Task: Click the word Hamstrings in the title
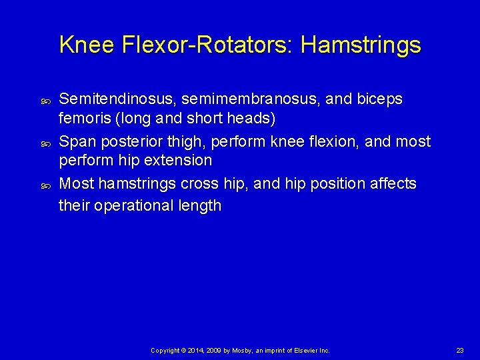click(x=361, y=45)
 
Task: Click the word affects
click(x=393, y=184)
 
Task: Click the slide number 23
click(x=460, y=350)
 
